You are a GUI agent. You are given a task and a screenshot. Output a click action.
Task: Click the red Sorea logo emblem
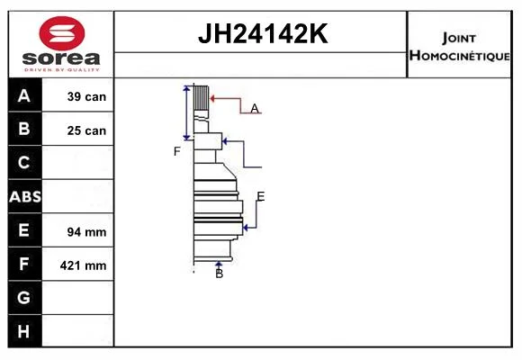62,33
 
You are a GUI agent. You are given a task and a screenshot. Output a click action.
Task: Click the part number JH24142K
263,33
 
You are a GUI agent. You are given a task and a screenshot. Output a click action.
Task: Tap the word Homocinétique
459,55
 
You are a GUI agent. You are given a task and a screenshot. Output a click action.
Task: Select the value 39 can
86,96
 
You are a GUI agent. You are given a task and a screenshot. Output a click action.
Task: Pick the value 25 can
86,130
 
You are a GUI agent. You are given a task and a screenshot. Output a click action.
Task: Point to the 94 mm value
86,232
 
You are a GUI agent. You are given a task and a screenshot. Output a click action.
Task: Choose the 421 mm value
83,265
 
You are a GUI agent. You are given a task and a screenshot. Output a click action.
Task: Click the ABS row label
25,196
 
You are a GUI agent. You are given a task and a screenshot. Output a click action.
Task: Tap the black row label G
23,297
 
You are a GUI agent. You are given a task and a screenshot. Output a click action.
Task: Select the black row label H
23,331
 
